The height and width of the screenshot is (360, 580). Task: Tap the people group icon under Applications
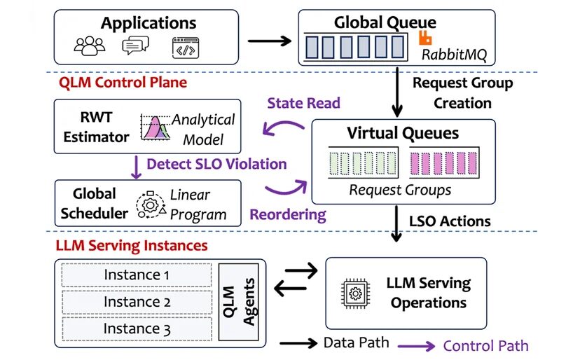[x=89, y=47]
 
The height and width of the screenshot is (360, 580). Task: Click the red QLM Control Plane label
[x=123, y=83]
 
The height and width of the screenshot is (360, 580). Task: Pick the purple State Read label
[x=303, y=103]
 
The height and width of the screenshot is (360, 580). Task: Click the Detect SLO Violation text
[x=216, y=165]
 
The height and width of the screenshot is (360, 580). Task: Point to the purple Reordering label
[x=286, y=213]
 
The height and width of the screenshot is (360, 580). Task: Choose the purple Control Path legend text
[x=485, y=345]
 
